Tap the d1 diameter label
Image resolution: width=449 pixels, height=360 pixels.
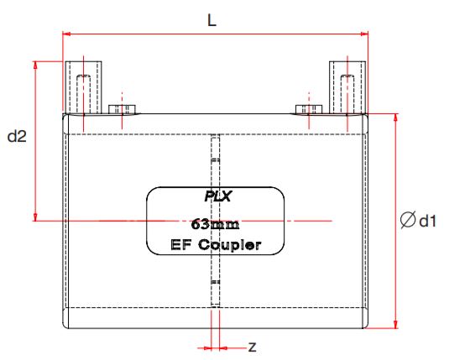click(x=428, y=221)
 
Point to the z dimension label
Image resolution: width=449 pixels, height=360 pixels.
click(x=252, y=346)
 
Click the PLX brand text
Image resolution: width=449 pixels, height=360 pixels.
click(x=217, y=198)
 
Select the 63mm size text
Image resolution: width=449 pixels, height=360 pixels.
click(x=216, y=223)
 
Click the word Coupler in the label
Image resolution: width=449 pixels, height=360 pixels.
click(x=230, y=246)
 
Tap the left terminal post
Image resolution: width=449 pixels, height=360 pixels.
click(x=83, y=87)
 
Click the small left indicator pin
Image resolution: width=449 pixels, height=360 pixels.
click(x=122, y=108)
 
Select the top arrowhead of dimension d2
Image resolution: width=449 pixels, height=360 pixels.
click(x=35, y=65)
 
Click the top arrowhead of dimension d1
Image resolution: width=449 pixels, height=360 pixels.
click(x=396, y=117)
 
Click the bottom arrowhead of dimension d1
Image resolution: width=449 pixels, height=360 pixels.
click(x=396, y=325)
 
